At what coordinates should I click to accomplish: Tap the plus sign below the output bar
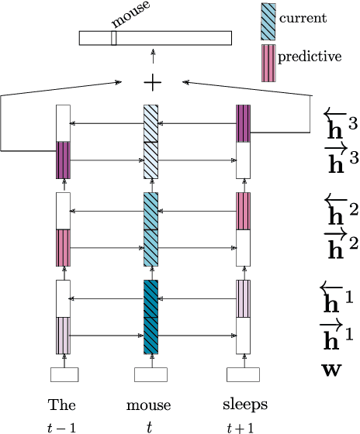(x=152, y=81)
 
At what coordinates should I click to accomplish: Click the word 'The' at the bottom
(x=62, y=405)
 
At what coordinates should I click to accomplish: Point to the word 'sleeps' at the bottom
(x=244, y=405)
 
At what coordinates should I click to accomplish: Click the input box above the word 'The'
(x=64, y=375)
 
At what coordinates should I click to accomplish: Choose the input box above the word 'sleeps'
(x=243, y=375)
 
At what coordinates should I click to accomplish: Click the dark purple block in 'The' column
(x=64, y=160)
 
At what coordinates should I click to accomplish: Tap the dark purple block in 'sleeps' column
(x=243, y=124)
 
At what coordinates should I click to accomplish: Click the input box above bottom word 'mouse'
(x=151, y=375)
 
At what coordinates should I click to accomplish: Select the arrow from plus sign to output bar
(x=152, y=58)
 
